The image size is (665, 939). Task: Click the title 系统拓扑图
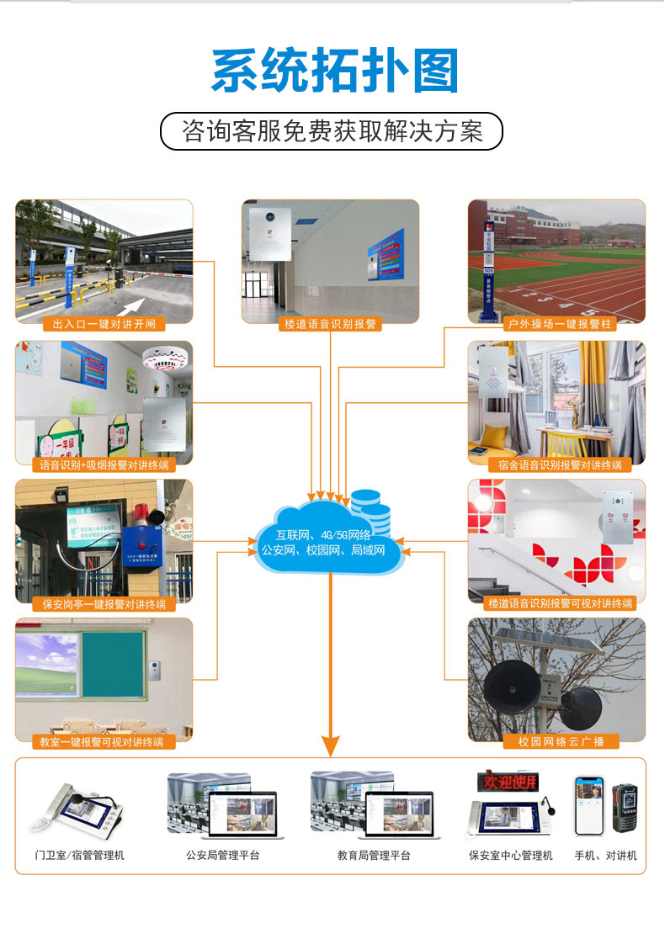click(334, 71)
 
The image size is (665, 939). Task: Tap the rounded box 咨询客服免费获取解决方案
click(332, 132)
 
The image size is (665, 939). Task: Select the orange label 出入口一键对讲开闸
click(104, 324)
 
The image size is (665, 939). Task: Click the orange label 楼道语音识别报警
click(330, 324)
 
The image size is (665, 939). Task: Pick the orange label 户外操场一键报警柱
click(557, 324)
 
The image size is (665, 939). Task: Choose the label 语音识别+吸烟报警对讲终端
click(104, 464)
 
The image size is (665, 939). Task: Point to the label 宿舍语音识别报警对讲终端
click(557, 464)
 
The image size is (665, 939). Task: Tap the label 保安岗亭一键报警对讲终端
click(104, 603)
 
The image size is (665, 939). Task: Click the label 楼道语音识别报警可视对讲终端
click(557, 603)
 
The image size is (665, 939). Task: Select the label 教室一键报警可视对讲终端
click(104, 742)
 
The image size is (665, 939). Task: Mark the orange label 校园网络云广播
click(557, 742)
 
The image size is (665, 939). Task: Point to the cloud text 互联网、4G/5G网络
click(324, 535)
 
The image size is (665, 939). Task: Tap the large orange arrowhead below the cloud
click(331, 745)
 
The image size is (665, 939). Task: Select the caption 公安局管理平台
click(223, 856)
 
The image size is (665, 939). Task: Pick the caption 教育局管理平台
click(374, 856)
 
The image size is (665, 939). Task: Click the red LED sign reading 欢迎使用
click(508, 782)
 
